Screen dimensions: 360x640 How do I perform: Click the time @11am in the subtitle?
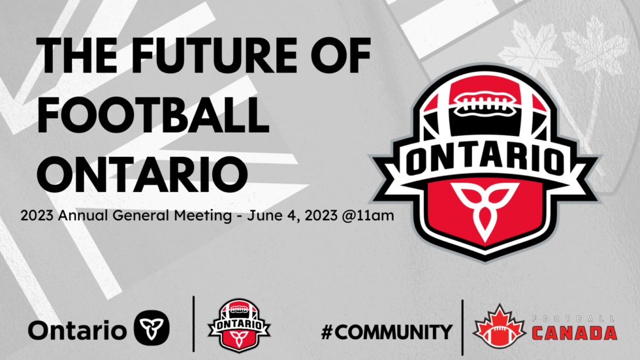tap(369, 214)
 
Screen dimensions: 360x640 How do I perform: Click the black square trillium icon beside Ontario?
tap(152, 325)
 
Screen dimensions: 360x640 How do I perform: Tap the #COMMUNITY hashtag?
tap(387, 332)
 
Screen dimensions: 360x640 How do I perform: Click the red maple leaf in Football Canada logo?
tap(500, 325)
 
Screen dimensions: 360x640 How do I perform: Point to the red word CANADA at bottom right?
tap(574, 333)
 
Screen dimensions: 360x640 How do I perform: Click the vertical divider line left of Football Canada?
tap(462, 327)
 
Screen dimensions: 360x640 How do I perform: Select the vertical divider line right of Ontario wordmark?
tap(194, 323)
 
